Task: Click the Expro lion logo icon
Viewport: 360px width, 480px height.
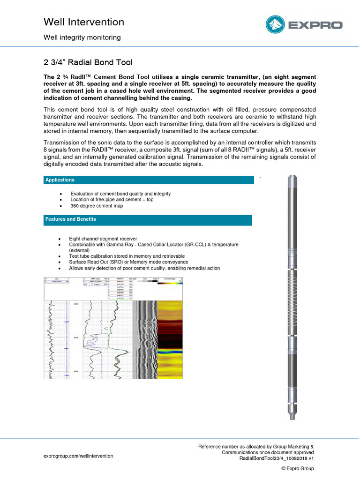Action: pyautogui.click(x=276, y=25)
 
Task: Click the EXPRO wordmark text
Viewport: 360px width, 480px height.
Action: pyautogui.click(x=315, y=25)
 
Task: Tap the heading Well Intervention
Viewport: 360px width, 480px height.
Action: pyautogui.click(x=83, y=22)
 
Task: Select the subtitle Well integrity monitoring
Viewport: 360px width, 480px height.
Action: pyautogui.click(x=82, y=37)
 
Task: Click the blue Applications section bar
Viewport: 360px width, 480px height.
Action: pyautogui.click(x=148, y=180)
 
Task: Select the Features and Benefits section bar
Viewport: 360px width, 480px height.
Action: pyautogui.click(x=148, y=219)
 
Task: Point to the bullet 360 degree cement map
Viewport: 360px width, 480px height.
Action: pyautogui.click(x=97, y=206)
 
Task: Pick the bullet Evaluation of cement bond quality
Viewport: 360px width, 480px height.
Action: pyautogui.click(x=120, y=194)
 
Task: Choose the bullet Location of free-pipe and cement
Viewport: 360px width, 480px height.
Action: pyautogui.click(x=112, y=200)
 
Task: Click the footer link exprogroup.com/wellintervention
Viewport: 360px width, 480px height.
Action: pyautogui.click(x=78, y=456)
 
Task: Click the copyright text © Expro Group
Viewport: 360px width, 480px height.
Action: pyautogui.click(x=297, y=468)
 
